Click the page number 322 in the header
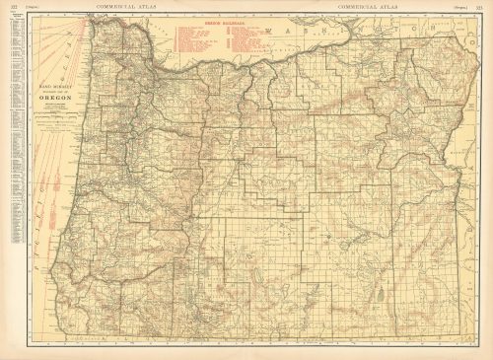pyautogui.click(x=13, y=6)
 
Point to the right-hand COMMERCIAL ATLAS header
pyautogui.click(x=366, y=6)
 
